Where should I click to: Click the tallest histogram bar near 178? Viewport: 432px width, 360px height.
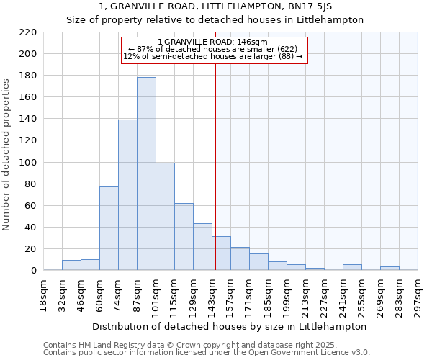146,174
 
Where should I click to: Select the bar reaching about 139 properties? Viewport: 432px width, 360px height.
127,195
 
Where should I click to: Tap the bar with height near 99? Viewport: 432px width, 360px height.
165,217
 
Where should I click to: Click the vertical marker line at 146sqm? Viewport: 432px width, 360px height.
215,166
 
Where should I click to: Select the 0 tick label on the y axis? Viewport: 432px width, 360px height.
33,271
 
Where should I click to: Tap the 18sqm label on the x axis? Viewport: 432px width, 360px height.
44,291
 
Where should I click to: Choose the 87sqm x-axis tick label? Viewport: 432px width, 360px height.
138,291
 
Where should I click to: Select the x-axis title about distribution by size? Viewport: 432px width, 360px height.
230,326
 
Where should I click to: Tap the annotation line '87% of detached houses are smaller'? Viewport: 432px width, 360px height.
212,49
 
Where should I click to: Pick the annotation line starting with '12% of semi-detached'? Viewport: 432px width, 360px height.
212,56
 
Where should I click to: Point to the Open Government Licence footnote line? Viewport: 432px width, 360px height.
206,352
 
